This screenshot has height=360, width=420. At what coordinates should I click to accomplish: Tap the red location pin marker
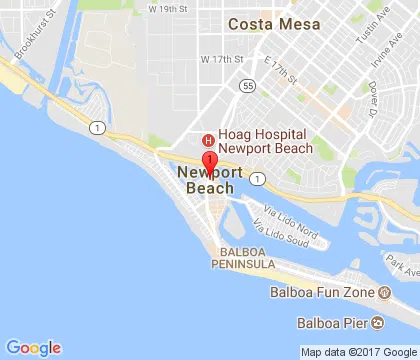pyautogui.click(x=209, y=163)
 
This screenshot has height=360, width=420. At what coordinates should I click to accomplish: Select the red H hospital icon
pyautogui.click(x=208, y=140)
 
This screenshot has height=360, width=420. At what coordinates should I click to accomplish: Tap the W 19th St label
pyautogui.click(x=168, y=8)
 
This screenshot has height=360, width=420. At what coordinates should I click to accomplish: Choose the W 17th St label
pyautogui.click(x=221, y=60)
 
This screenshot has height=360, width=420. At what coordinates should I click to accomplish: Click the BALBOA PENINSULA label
pyautogui.click(x=241, y=260)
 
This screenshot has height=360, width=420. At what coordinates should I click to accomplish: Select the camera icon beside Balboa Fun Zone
pyautogui.click(x=384, y=293)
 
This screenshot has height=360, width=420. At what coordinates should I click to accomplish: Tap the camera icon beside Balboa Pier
pyautogui.click(x=377, y=323)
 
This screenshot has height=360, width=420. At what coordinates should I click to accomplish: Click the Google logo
pyautogui.click(x=33, y=348)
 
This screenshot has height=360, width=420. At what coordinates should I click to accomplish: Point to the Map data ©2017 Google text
pyautogui.click(x=358, y=352)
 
